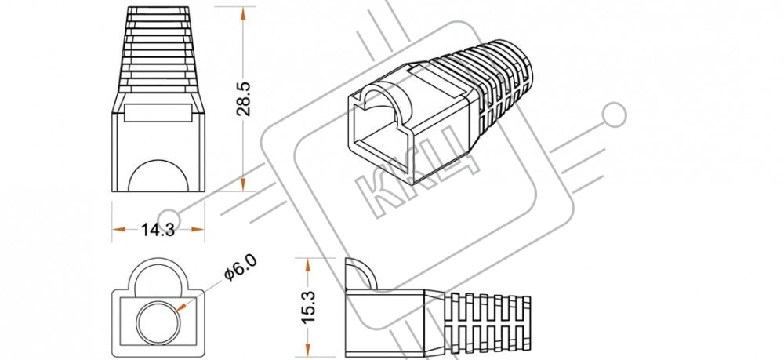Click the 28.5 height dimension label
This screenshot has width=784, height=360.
click(243, 99)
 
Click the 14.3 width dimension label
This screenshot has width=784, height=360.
click(158, 230)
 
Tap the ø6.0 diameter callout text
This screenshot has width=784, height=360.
click(241, 267)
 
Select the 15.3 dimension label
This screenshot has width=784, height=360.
click(308, 306)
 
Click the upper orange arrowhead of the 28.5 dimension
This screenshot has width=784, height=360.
click(243, 14)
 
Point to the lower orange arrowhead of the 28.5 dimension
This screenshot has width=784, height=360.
click(243, 184)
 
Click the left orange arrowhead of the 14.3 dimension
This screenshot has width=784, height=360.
click(119, 230)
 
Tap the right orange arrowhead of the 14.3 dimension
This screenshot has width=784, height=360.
click(198, 230)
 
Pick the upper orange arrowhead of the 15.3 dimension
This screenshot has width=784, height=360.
click(308, 266)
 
